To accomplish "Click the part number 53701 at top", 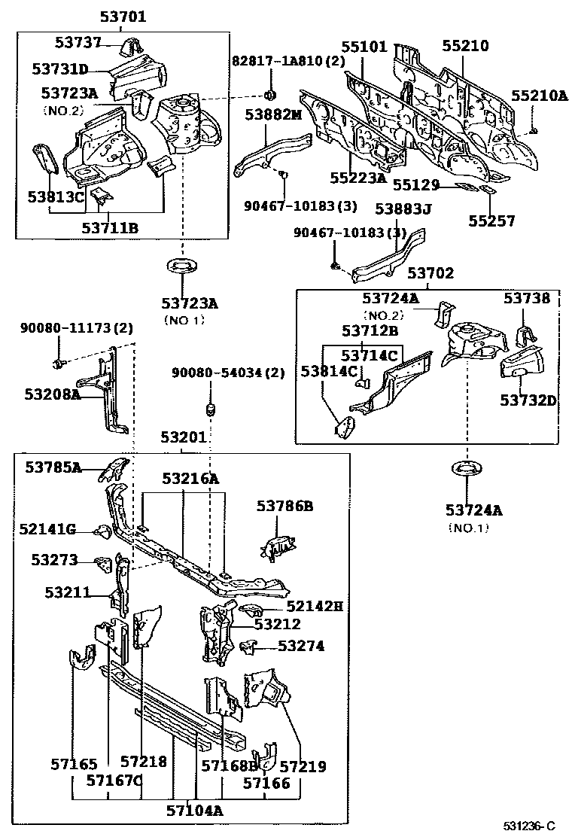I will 123,17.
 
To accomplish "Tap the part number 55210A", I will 539,96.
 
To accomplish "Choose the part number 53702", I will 431,273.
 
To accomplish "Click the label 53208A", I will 52,393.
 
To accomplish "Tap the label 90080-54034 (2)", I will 228,373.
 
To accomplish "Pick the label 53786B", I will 284,507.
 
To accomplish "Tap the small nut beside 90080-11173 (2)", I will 58,364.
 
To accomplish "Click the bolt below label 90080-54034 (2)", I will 211,409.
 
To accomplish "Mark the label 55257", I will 492,221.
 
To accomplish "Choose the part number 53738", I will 527,298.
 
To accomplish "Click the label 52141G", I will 47,530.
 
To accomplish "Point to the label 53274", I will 301,646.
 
